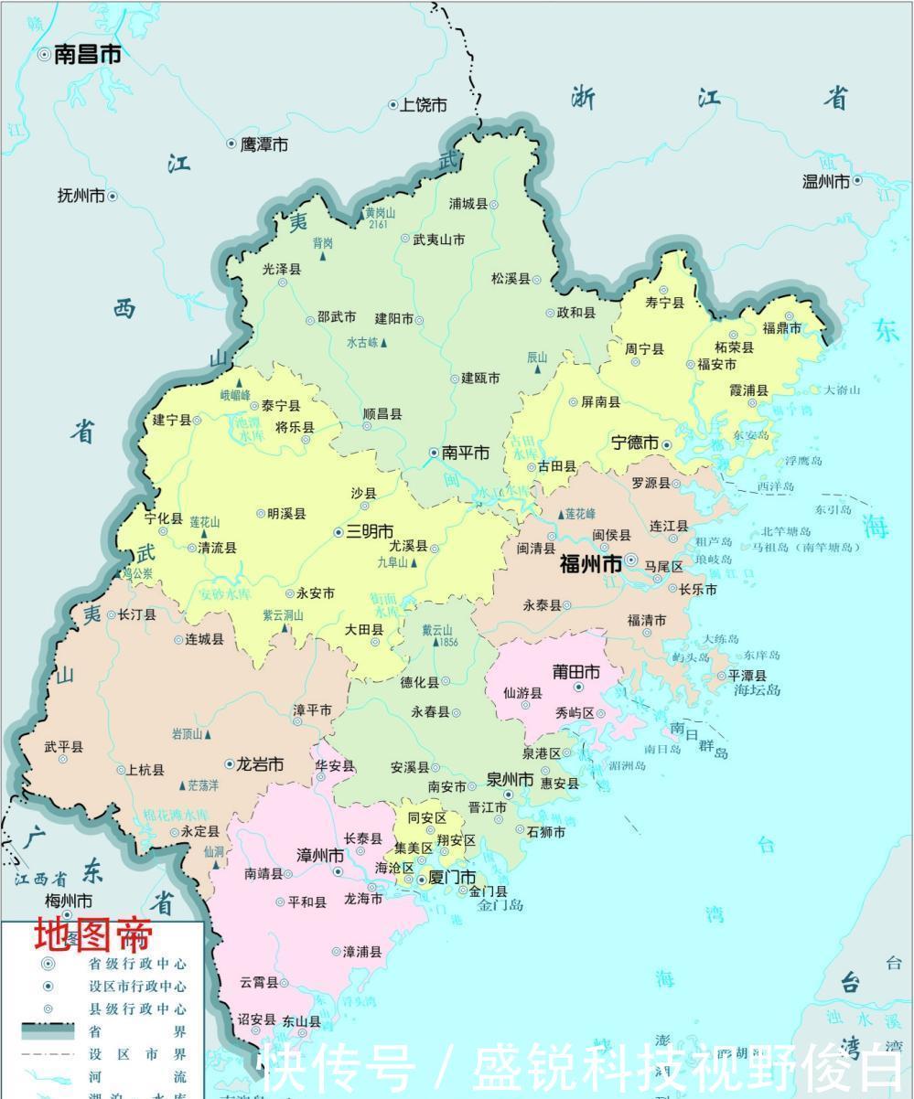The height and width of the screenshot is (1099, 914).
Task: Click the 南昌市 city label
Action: tap(88, 55)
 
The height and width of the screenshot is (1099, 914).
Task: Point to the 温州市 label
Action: tap(826, 181)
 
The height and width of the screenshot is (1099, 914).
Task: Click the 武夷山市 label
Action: tap(439, 240)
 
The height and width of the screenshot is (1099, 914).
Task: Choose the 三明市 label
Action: tap(370, 532)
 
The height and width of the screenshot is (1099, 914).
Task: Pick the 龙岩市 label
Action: tap(261, 764)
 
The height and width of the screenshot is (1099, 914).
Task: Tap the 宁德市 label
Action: tap(635, 443)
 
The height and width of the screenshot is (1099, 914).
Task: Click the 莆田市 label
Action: tap(576, 672)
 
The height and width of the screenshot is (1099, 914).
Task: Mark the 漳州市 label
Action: tap(320, 856)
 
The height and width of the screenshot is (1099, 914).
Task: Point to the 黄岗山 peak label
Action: tap(380, 213)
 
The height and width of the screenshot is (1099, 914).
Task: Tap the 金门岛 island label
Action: tap(500, 906)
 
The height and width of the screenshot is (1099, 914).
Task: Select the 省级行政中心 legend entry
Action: tap(137, 964)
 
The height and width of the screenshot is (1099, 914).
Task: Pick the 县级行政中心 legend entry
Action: tap(137, 1008)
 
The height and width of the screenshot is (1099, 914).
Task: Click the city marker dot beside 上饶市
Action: tap(393, 106)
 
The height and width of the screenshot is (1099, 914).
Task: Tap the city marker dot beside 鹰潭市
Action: tap(231, 144)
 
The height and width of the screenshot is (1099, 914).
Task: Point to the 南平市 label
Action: tap(466, 453)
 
